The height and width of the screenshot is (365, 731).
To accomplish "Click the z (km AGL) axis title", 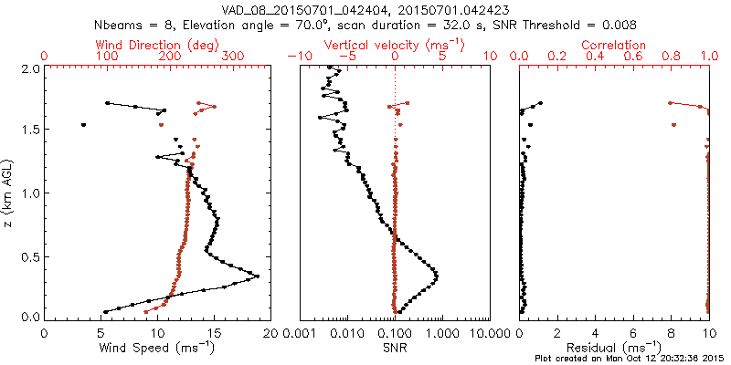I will coord(10,193).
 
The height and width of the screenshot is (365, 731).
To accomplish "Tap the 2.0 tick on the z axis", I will coord(30,68).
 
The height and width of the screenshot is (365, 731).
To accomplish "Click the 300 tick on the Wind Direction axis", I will coord(235,57).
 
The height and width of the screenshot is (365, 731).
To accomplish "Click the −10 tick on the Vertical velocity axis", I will coord(299,57).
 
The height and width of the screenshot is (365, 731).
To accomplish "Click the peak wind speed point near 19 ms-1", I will coord(258,276).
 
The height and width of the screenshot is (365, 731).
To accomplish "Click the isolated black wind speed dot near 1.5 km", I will coord(83,124).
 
